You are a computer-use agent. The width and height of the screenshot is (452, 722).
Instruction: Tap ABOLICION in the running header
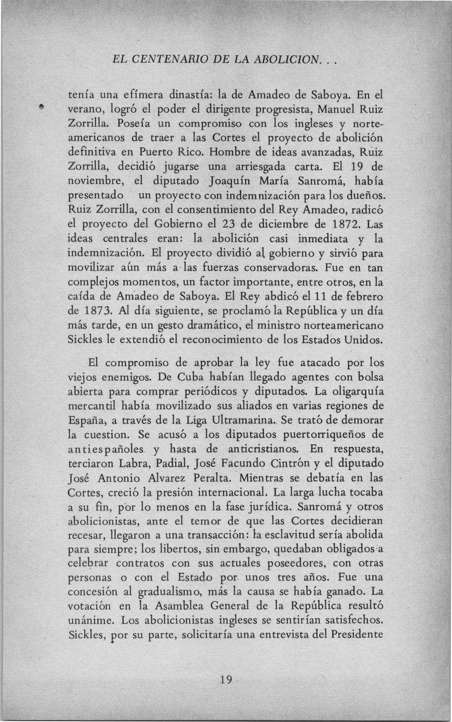pyautogui.click(x=286, y=60)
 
